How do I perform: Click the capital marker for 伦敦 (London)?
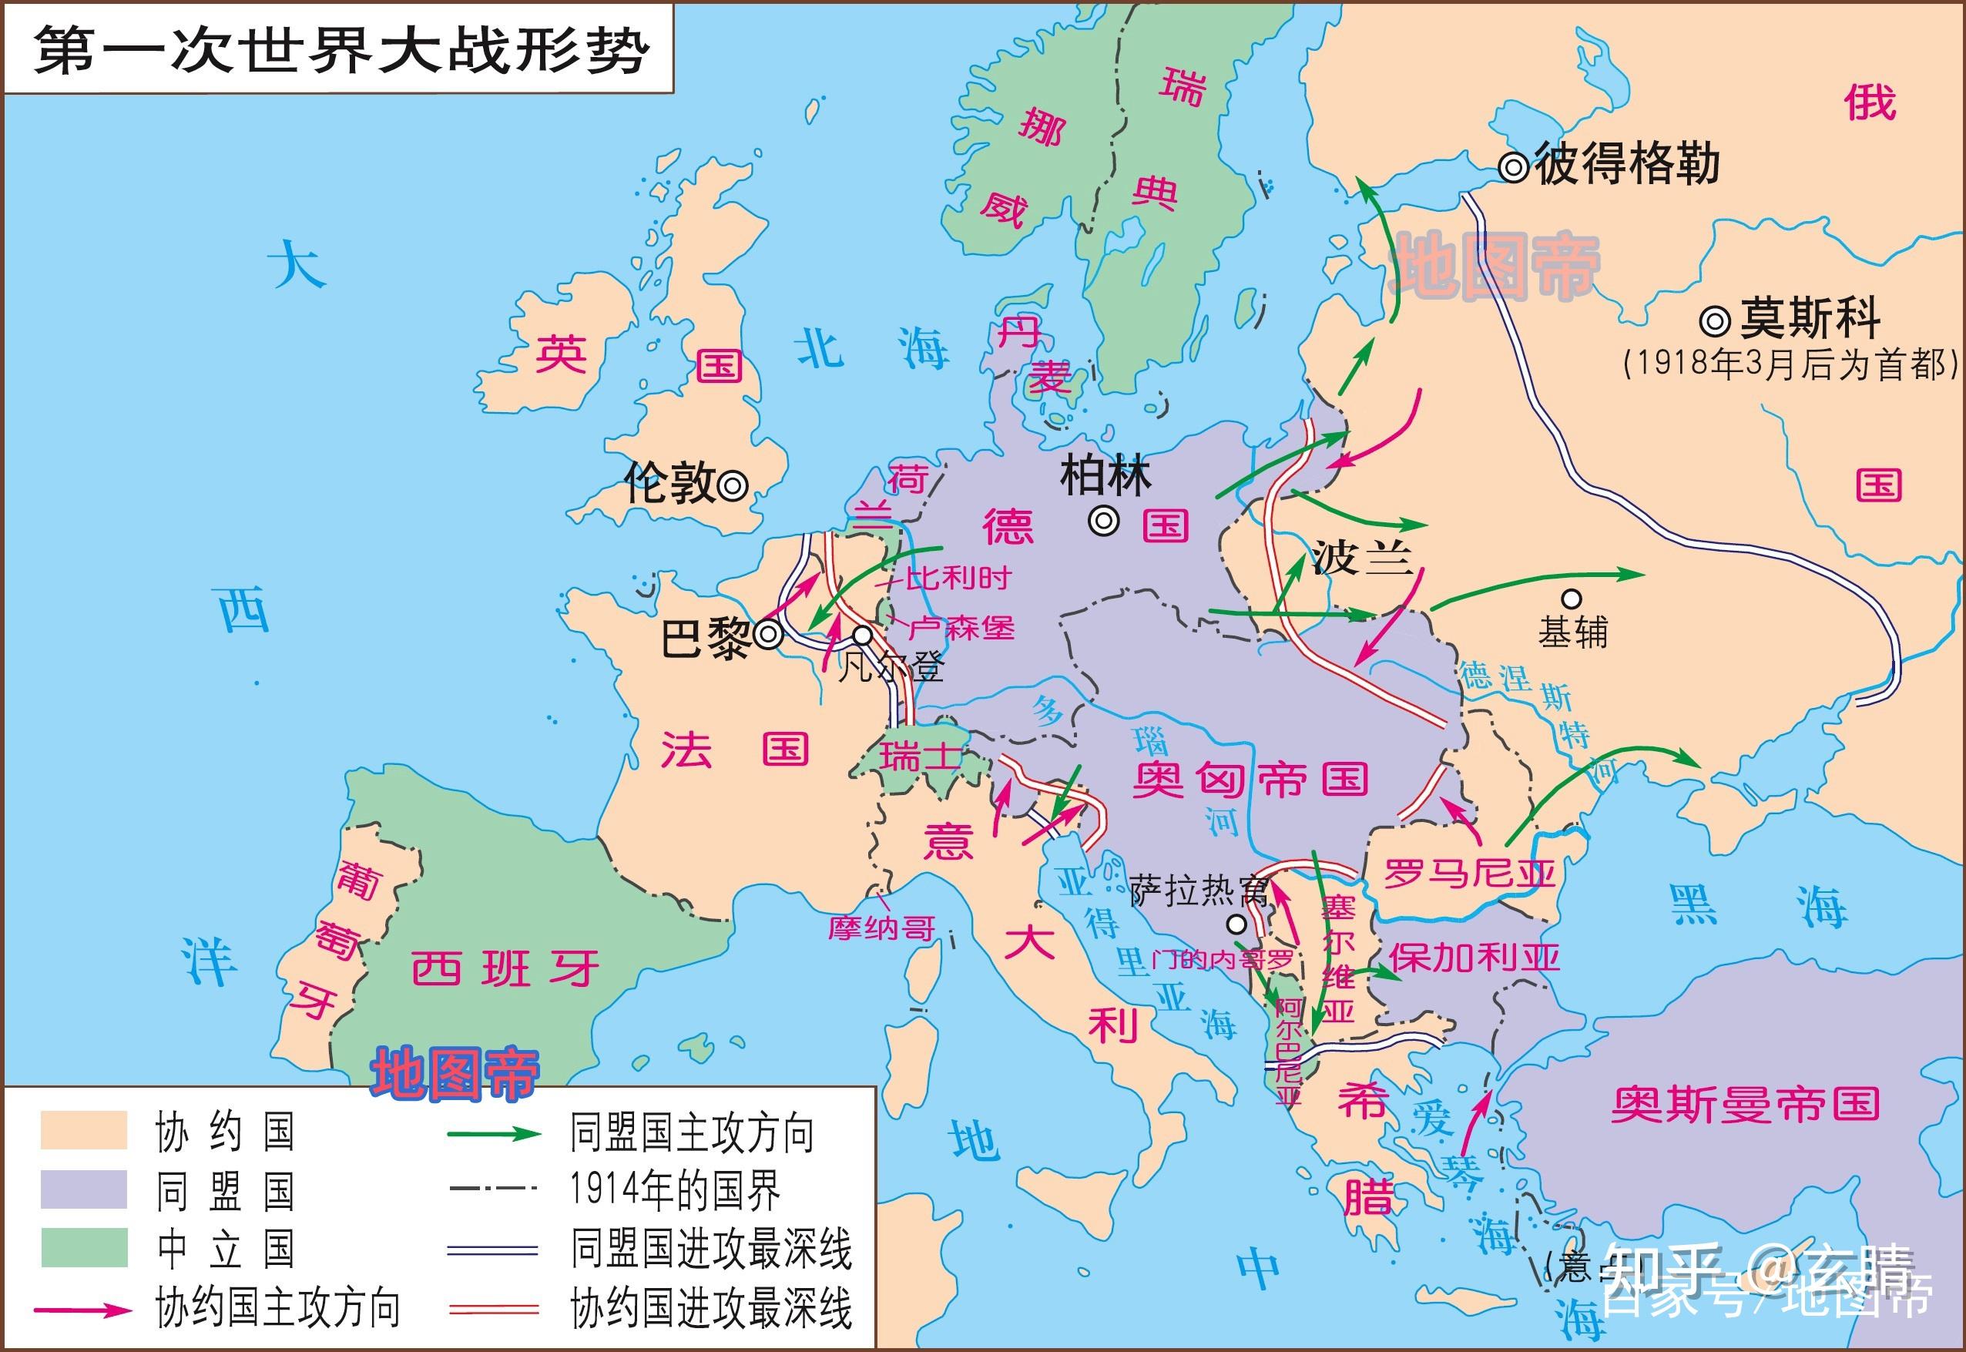click(733, 485)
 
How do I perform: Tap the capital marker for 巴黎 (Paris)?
click(769, 634)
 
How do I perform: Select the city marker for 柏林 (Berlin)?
click(1104, 521)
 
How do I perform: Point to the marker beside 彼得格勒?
click(1513, 167)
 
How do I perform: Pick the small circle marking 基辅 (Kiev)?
click(1572, 599)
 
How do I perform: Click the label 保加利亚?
click(1474, 958)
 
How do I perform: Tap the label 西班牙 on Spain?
click(505, 968)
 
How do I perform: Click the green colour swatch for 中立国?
click(84, 1248)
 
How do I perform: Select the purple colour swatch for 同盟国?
click(84, 1189)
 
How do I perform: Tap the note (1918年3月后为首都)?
click(1790, 364)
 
